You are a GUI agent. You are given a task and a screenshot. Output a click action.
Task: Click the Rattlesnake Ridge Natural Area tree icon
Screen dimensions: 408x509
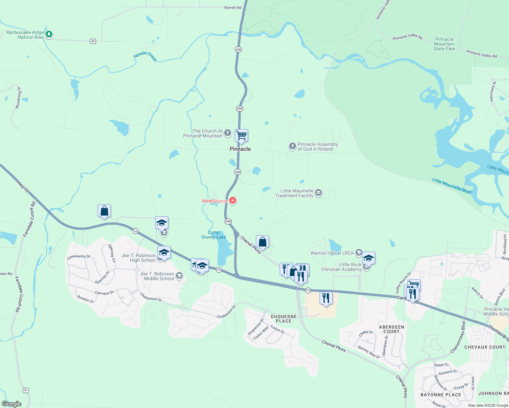click(x=49, y=34)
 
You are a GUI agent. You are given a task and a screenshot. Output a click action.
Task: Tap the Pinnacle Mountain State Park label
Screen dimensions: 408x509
click(x=444, y=44)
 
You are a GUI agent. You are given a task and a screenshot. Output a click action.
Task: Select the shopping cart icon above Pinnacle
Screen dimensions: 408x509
click(x=241, y=135)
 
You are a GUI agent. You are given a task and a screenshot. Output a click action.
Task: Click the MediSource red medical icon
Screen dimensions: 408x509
click(x=233, y=201)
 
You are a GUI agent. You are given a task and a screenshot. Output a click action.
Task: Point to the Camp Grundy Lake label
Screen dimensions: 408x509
click(x=213, y=235)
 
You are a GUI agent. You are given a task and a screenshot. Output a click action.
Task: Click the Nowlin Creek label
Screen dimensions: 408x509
click(x=145, y=56)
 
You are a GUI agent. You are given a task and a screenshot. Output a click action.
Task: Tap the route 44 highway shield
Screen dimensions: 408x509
click(x=93, y=41)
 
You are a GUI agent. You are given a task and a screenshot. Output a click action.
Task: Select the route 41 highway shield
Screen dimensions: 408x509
click(x=26, y=390)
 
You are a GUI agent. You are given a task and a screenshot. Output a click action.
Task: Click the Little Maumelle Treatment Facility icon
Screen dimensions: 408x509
click(x=318, y=193)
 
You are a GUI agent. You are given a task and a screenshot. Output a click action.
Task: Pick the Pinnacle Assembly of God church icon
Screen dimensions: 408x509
click(x=292, y=146)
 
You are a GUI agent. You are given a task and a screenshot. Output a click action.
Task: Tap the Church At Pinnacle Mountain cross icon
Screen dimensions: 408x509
click(x=228, y=133)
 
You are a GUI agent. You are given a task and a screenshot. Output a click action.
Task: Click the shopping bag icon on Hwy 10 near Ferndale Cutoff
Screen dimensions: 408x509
click(x=104, y=211)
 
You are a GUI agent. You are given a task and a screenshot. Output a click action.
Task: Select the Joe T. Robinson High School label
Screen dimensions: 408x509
click(x=138, y=258)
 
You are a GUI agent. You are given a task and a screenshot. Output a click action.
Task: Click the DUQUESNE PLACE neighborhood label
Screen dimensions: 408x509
click(x=284, y=319)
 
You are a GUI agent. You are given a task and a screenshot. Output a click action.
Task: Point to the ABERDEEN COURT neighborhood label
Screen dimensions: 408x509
click(x=391, y=329)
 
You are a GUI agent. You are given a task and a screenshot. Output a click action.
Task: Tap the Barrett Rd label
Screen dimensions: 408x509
click(x=233, y=7)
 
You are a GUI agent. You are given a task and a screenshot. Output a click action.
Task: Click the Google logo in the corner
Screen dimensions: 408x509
click(x=12, y=404)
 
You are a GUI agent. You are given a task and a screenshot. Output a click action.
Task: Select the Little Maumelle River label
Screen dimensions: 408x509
click(x=451, y=186)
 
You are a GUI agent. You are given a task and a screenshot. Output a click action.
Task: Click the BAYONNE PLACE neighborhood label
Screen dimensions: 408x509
click(x=441, y=395)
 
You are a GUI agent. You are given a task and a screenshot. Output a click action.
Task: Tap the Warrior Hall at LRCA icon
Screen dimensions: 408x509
click(x=359, y=253)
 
